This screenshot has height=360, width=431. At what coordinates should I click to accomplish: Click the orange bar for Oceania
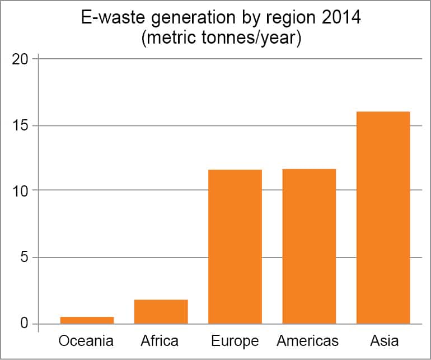click(x=87, y=320)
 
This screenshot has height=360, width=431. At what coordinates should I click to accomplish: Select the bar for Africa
click(x=161, y=312)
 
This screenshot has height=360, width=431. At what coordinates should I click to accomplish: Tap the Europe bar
click(x=235, y=246)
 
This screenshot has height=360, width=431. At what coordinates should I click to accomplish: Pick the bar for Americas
click(x=309, y=246)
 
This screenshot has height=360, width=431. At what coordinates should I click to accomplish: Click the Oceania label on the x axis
click(x=86, y=340)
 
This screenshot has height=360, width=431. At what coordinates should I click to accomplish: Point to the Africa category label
click(x=161, y=340)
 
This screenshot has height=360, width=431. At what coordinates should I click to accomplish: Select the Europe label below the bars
click(x=235, y=341)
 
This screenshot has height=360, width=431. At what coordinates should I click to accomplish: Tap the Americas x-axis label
click(x=308, y=340)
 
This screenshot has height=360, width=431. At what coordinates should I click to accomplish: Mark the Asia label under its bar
click(x=383, y=340)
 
